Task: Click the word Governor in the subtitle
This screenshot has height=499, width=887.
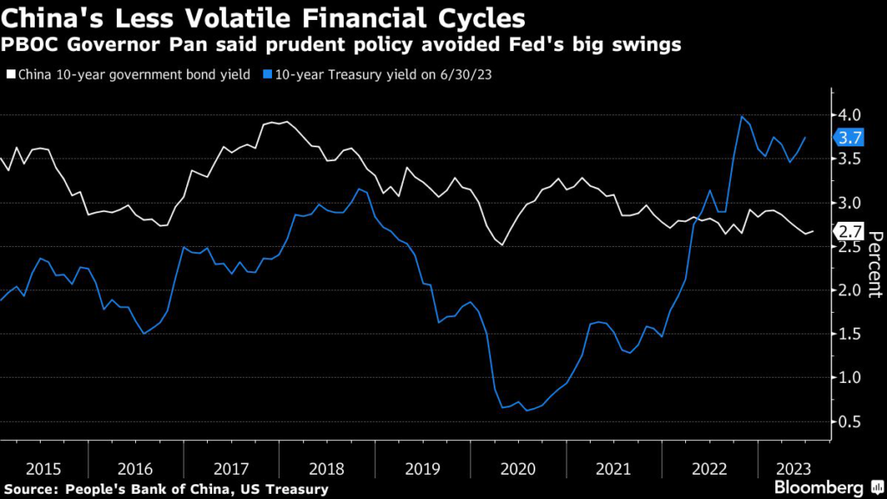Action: [x=107, y=43]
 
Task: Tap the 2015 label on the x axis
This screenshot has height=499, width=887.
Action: [x=43, y=469]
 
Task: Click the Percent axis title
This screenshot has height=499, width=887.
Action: [x=874, y=265]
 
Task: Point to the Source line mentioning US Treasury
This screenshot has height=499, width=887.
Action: [x=165, y=489]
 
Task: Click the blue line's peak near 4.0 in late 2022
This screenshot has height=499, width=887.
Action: [x=742, y=116]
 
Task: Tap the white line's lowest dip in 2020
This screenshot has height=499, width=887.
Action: [x=502, y=245]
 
